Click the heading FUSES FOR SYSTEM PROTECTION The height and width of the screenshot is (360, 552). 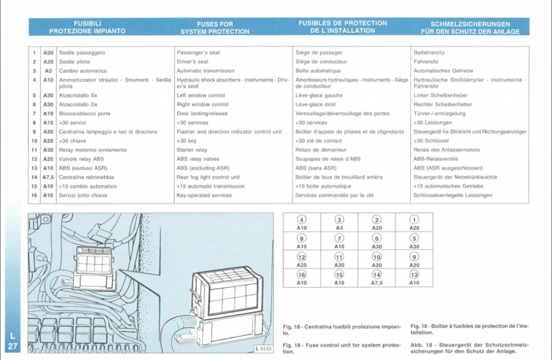[x=215, y=28]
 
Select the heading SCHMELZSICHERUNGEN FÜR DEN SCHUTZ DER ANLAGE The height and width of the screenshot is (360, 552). [x=470, y=28]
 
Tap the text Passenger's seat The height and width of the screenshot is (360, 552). [x=198, y=53]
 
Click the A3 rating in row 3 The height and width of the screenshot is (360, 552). [x=48, y=71]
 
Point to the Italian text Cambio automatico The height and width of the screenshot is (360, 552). [x=82, y=71]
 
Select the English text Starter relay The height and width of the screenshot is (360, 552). [x=192, y=150]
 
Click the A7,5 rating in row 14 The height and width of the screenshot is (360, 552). [x=48, y=177]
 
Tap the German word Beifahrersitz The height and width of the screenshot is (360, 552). [x=429, y=53]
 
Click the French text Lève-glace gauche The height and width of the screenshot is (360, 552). [x=319, y=95]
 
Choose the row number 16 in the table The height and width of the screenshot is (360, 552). [x=34, y=195]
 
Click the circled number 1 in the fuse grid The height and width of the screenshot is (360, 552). [x=414, y=220]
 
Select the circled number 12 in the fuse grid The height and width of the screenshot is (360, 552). [x=302, y=257]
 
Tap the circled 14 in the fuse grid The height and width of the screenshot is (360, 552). [x=377, y=274]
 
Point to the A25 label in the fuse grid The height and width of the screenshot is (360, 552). [x=302, y=265]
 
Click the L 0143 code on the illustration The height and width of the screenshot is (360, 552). [x=263, y=349]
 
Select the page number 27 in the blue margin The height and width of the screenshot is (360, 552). [x=13, y=347]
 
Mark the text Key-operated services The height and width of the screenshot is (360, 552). [x=204, y=195]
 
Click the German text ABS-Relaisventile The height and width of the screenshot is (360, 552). [x=436, y=159]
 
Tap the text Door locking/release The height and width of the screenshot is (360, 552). [x=202, y=114]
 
